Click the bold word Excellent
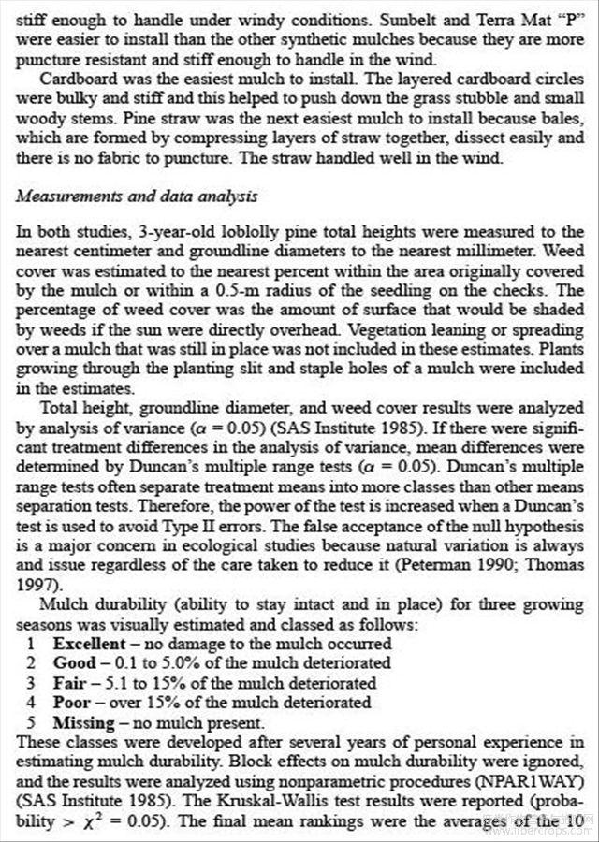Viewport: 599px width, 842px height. [90, 644]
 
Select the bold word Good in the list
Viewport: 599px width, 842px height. [74, 663]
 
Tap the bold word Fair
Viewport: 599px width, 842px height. [70, 682]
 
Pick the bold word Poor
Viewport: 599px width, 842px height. [72, 702]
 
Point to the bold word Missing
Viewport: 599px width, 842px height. [84, 721]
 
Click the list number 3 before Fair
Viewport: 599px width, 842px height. [31, 682]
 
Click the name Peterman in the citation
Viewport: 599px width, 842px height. [425, 567]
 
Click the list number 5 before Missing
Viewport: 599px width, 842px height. [31, 721]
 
